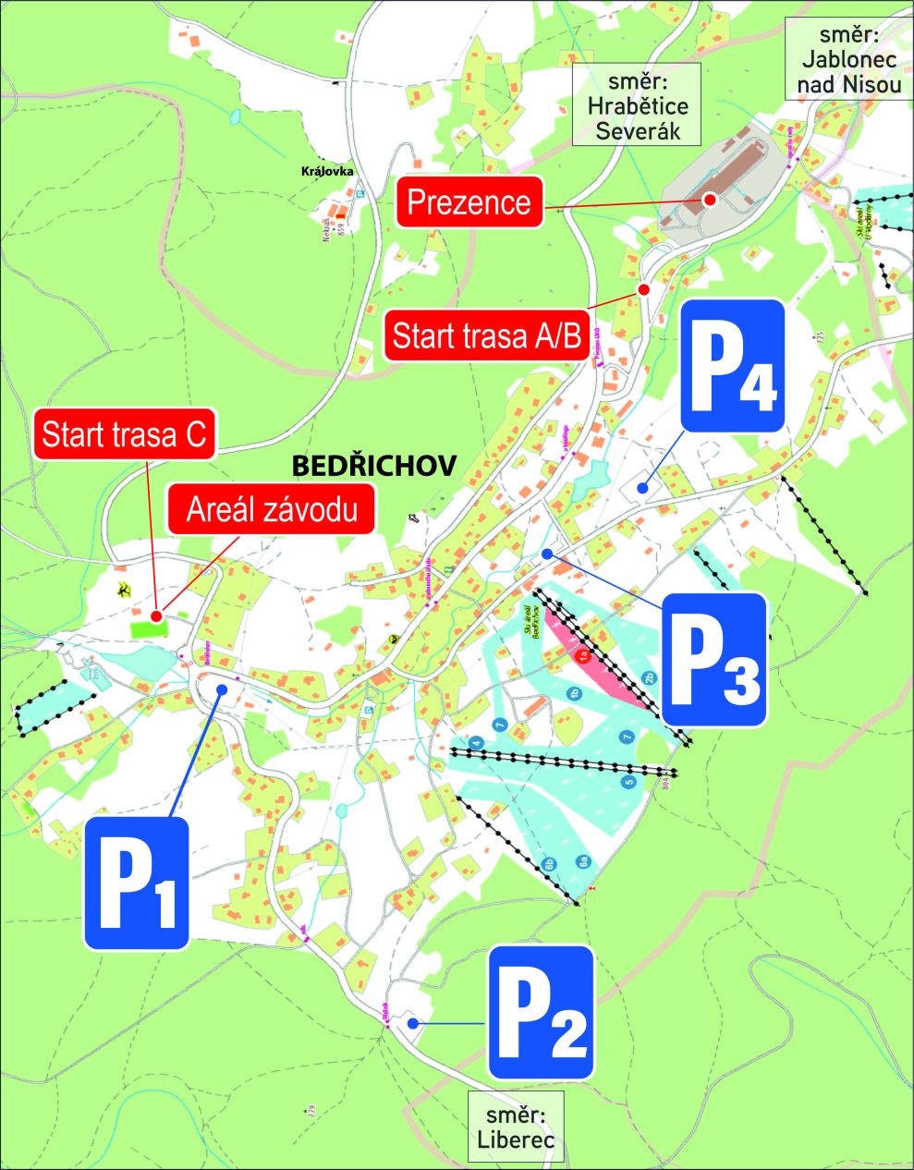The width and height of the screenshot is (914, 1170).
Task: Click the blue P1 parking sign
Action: tap(137, 883)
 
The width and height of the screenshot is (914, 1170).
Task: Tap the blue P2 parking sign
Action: tap(541, 1012)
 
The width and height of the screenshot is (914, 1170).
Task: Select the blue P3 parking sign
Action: tap(714, 659)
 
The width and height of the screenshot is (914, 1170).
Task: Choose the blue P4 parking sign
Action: tap(733, 365)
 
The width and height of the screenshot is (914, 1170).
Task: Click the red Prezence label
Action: tap(469, 201)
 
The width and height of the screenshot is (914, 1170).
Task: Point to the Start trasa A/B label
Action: tap(486, 335)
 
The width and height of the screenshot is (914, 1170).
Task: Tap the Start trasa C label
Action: tap(125, 433)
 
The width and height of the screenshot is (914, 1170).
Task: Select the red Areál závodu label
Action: tap(272, 508)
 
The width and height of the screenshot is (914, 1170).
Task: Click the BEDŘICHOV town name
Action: tap(373, 466)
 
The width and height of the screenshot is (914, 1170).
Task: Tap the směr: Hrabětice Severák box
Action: tap(638, 105)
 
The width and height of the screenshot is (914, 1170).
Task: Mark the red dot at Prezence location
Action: tap(710, 199)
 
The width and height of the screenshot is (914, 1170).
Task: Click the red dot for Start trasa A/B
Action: tap(645, 289)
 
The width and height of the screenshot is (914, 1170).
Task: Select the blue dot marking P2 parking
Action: tap(415, 1023)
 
